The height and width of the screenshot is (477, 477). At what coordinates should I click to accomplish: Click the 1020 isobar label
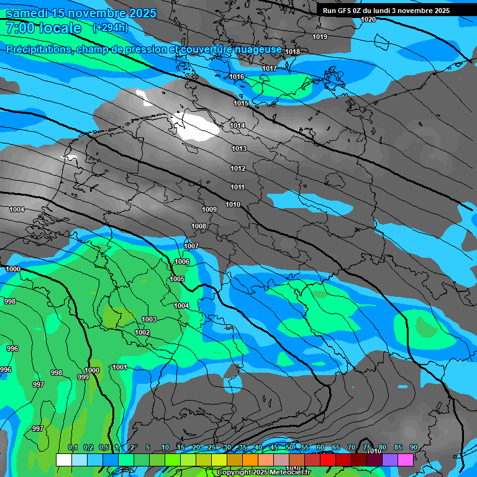[x=368, y=19]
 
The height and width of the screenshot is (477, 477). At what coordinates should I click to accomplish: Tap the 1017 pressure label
[x=270, y=68]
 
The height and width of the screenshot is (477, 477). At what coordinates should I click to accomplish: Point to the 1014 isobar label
[x=237, y=125]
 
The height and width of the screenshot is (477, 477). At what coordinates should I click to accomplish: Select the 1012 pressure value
[x=238, y=168]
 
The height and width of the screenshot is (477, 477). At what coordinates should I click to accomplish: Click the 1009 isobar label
[x=209, y=209]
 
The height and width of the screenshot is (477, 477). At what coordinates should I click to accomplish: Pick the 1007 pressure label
[x=191, y=246]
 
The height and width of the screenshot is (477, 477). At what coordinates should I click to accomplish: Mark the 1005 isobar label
[x=177, y=279]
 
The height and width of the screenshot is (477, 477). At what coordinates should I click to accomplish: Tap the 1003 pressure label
[x=149, y=319]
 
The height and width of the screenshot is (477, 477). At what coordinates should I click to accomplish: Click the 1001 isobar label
[x=120, y=367]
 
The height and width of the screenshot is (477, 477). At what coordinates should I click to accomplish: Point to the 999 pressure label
[x=83, y=377]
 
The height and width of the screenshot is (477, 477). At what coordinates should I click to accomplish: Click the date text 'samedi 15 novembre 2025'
[x=72, y=13]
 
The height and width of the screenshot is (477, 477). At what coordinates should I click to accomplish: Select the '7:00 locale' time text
[x=43, y=28]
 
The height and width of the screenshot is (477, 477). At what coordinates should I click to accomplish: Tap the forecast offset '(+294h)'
[x=111, y=28]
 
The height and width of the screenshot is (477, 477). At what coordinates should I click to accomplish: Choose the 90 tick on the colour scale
[x=413, y=448]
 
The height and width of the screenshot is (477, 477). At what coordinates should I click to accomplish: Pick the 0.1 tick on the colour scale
[x=72, y=448]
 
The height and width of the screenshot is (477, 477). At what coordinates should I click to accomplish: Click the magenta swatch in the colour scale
[x=406, y=460]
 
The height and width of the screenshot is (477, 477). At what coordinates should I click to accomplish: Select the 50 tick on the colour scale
[x=289, y=448]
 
